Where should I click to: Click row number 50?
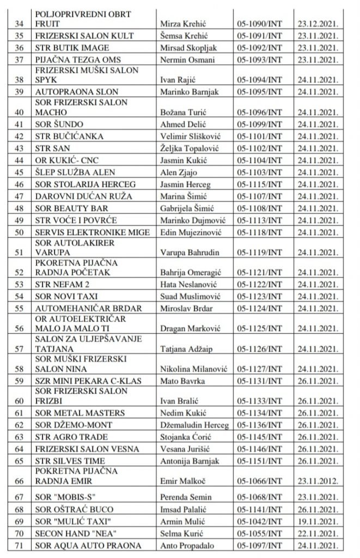[21, 232]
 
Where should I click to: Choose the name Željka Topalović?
[187, 148]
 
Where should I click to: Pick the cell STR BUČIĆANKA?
[69, 136]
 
